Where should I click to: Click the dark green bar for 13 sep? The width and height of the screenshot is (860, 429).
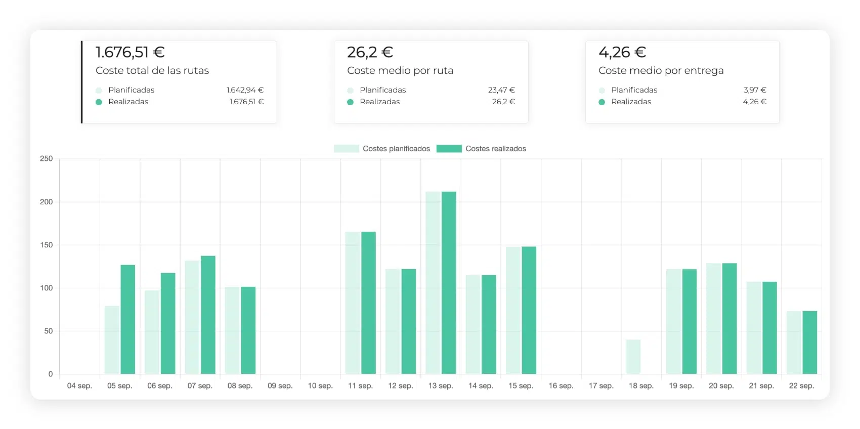[449, 283]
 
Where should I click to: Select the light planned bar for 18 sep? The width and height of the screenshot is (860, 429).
[633, 357]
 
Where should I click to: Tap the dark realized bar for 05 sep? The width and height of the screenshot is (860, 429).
[128, 320]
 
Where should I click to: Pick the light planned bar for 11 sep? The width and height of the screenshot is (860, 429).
[353, 303]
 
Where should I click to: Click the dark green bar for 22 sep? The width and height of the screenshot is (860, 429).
[810, 342]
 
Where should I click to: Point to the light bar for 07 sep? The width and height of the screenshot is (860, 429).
[192, 317]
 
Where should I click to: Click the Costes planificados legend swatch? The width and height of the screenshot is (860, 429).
[347, 149]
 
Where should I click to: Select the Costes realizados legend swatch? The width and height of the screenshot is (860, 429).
[449, 149]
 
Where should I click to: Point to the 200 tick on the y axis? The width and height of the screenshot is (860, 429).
[47, 202]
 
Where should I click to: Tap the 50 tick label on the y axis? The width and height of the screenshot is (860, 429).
[49, 331]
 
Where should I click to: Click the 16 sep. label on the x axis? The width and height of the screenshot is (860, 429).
[561, 385]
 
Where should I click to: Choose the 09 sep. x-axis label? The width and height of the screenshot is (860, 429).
[280, 385]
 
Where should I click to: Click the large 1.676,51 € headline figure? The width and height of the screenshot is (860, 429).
[130, 52]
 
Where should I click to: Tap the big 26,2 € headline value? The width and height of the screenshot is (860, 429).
[370, 52]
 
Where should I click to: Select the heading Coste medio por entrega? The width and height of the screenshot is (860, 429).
[661, 71]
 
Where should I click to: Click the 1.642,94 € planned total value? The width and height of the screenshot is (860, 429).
[245, 90]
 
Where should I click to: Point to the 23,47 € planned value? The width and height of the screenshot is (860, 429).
[501, 90]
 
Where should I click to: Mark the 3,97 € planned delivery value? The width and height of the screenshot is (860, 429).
[755, 90]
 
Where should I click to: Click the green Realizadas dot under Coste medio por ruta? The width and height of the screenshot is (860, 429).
[350, 102]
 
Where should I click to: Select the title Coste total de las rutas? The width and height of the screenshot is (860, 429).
[152, 71]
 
